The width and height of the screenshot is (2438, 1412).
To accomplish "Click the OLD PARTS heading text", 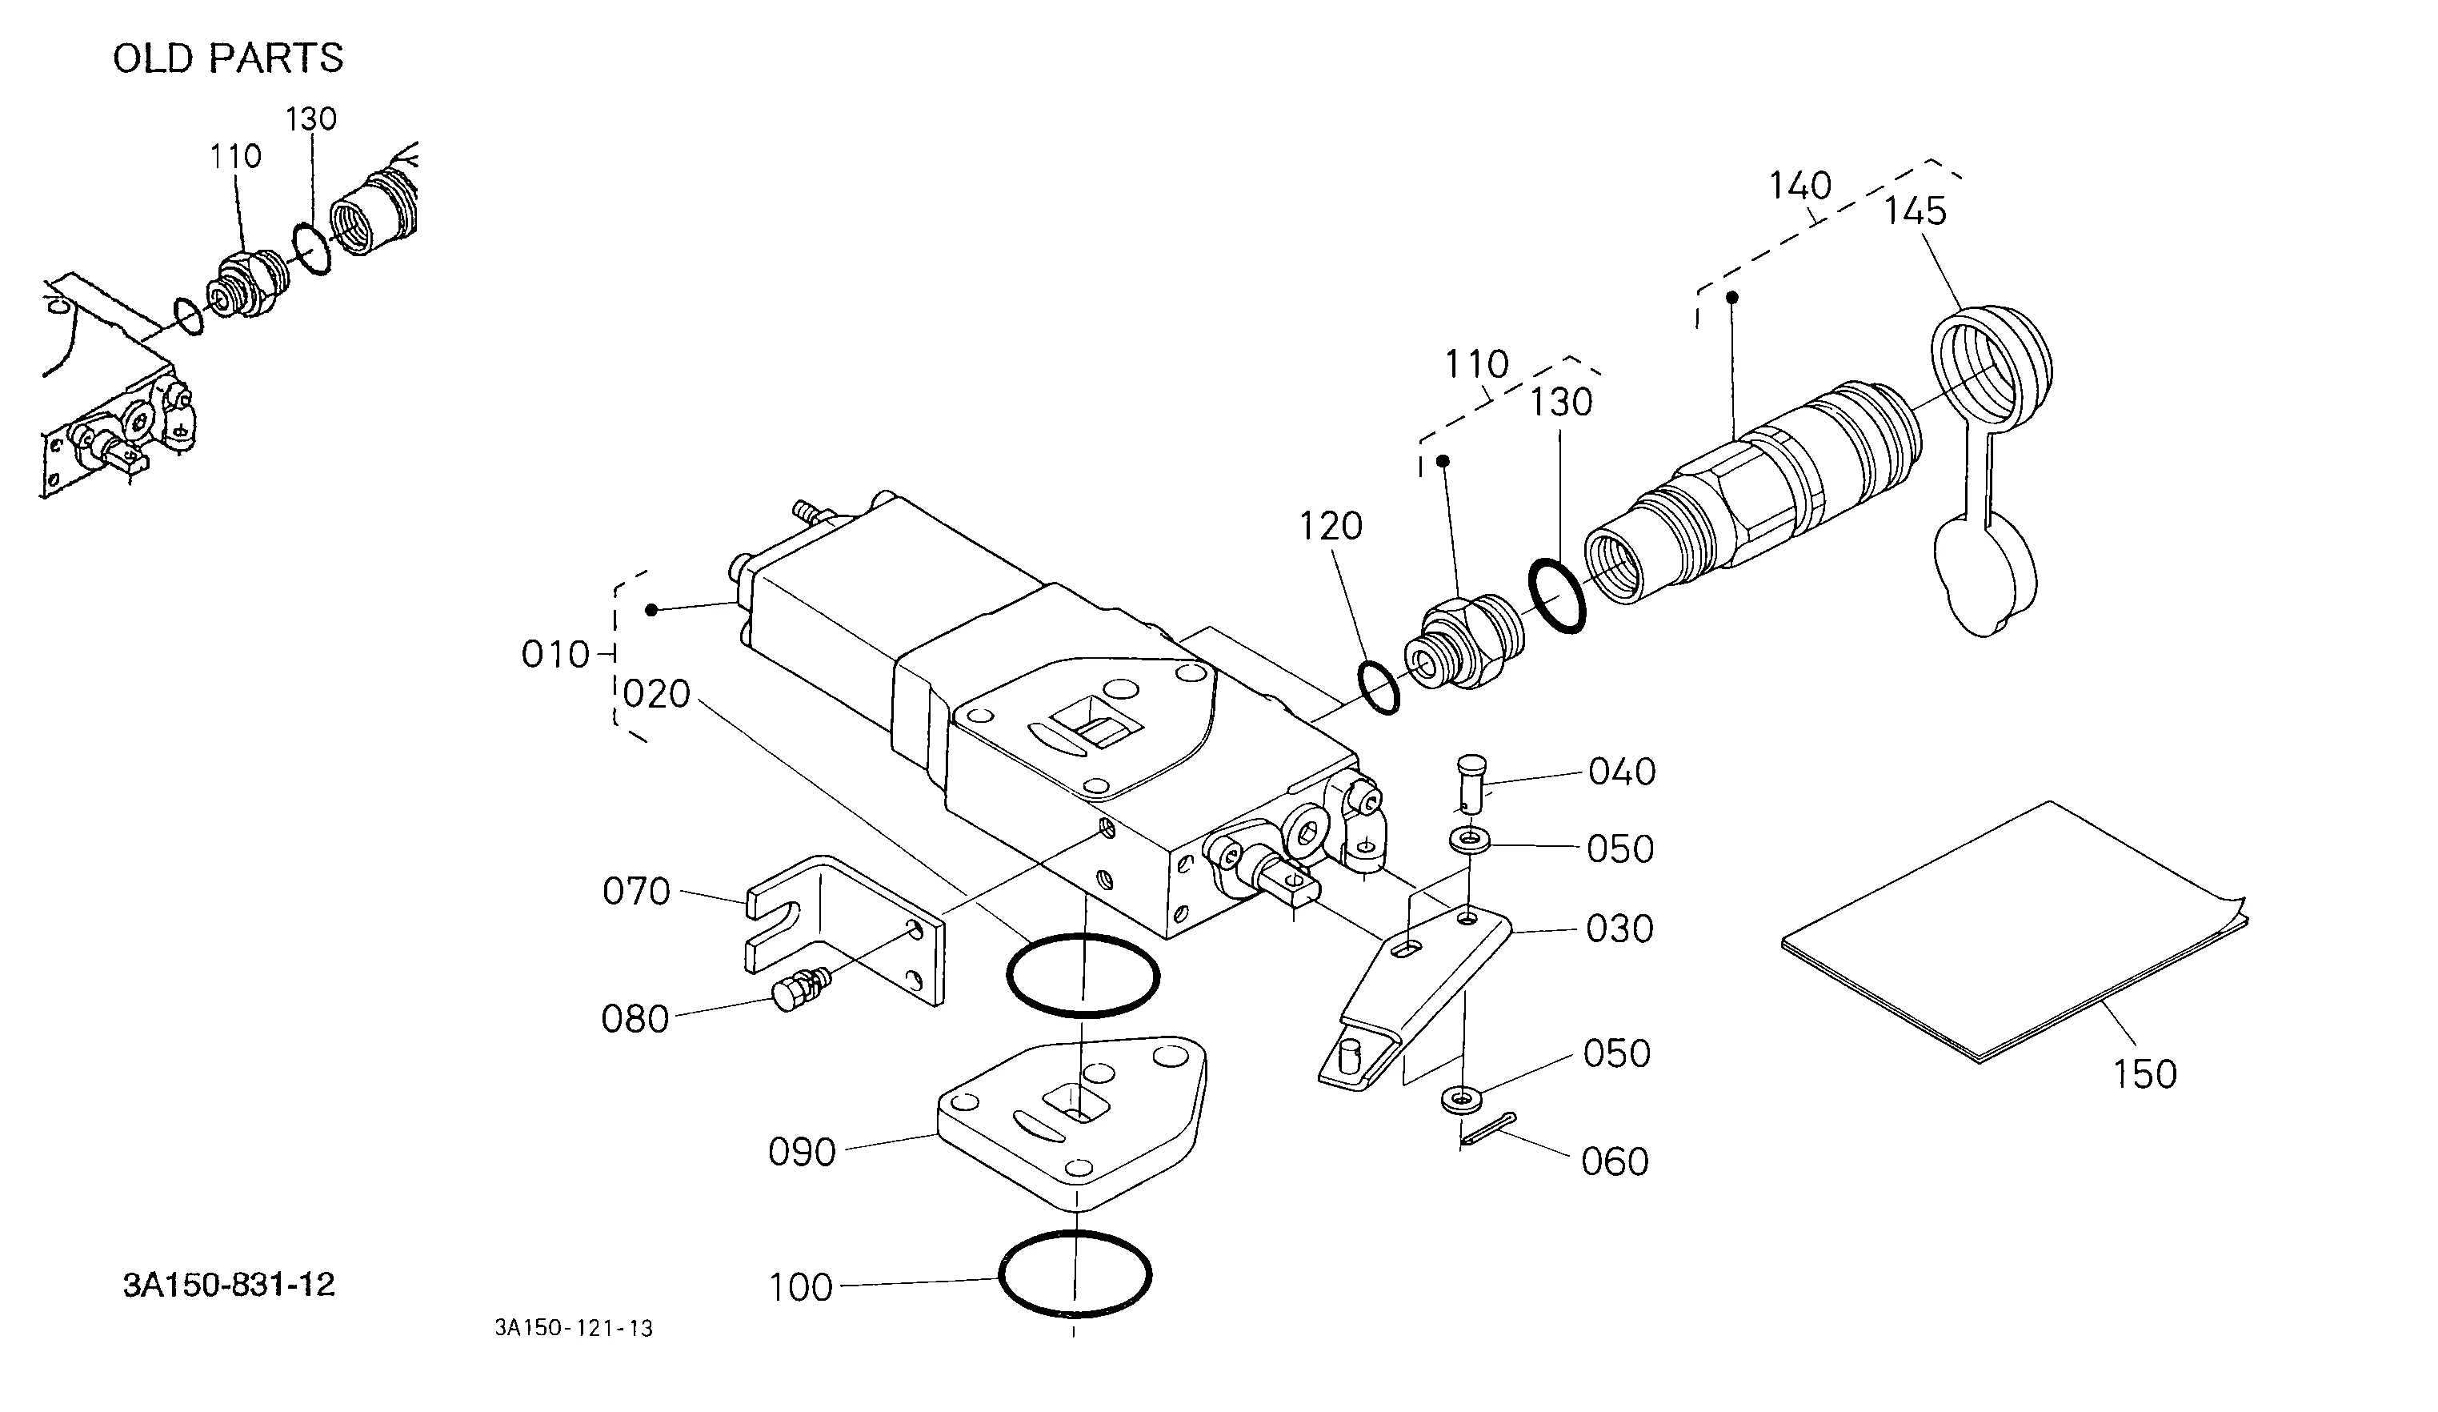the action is coord(228,59).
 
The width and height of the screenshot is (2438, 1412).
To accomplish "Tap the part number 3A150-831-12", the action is coord(230,1286).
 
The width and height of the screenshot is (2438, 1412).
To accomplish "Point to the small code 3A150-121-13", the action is coord(574,1329).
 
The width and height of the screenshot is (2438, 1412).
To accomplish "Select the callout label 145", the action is coord(1915,211).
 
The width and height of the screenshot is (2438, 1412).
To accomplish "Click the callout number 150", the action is coord(2144,1075).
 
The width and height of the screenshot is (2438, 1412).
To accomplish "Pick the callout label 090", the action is coord(802,1153).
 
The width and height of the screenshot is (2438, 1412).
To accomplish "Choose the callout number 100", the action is coord(801,1288).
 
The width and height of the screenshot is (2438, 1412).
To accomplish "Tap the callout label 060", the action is coord(1615,1162).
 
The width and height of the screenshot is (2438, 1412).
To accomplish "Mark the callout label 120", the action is coord(1331,527).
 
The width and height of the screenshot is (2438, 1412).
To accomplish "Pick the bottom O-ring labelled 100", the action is coord(1074,1274).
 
